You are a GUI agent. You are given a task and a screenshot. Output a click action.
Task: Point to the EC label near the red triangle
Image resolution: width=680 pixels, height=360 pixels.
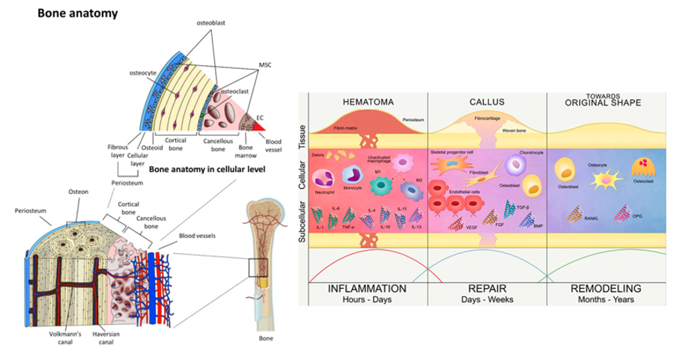(260, 118)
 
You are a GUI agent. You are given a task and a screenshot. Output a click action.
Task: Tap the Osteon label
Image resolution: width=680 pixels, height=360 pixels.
(79, 192)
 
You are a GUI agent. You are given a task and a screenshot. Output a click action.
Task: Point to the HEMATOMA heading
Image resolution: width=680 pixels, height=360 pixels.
(368, 101)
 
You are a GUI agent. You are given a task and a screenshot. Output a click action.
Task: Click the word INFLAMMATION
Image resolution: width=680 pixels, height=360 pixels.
(368, 288)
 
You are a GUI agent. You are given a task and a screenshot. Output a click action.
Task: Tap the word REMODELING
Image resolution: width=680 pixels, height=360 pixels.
(607, 288)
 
